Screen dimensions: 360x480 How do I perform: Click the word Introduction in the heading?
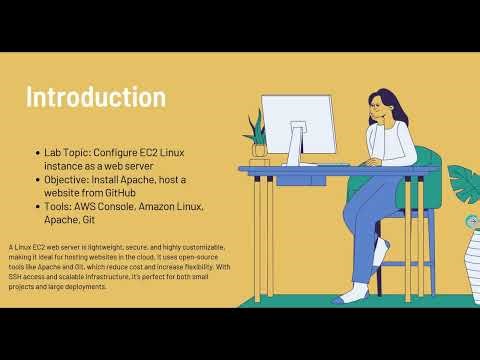[x=95, y=98]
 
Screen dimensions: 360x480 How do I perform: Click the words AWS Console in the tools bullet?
[x=108, y=206]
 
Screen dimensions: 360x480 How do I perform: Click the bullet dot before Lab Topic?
[x=37, y=152]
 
